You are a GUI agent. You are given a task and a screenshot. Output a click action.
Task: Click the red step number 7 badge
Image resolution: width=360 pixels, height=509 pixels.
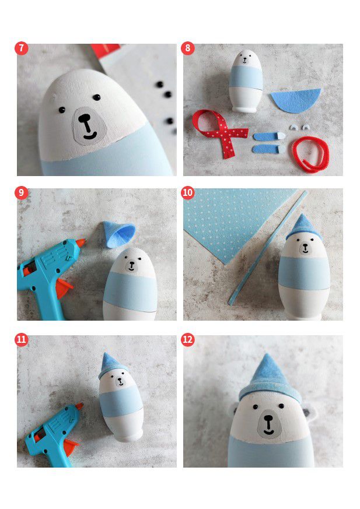pos(22,48)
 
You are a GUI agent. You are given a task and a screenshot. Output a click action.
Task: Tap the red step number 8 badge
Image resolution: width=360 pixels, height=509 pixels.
pos(187,48)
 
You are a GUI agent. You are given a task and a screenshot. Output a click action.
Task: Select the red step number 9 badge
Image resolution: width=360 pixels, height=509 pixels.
pos(22,193)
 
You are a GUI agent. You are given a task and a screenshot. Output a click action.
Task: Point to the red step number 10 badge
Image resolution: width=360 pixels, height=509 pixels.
pos(187,193)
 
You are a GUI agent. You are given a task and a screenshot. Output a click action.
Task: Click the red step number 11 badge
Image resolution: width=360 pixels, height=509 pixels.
pos(22,339)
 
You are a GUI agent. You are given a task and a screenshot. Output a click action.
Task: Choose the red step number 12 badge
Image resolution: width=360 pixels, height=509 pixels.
pos(187,339)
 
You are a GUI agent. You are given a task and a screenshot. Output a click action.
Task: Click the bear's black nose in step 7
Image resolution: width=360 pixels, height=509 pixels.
pos(85,119)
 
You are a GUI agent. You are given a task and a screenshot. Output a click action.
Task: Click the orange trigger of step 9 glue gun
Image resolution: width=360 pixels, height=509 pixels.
pos(64,287)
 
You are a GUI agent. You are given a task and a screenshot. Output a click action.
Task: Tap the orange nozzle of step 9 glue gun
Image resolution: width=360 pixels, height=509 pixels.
pos(81,242)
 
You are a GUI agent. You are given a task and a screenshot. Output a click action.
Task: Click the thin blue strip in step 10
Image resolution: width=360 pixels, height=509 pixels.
pos(267,248)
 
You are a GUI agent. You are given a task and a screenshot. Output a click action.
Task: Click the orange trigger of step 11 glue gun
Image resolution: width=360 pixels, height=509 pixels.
pos(71,447)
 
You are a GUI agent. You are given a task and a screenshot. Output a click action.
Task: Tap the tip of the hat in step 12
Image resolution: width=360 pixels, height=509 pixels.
pos(267,354)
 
